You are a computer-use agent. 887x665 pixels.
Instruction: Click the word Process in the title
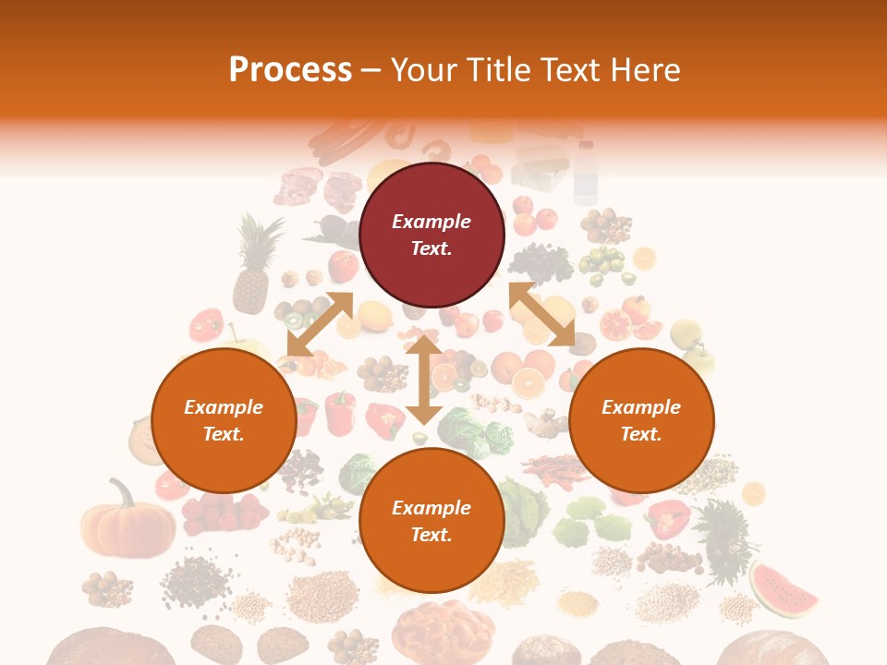pos(290,70)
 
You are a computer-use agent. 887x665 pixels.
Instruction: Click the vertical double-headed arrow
pos(423,380)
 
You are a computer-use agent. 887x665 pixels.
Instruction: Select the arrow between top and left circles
pos(320,324)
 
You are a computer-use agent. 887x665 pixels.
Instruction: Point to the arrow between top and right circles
pos(541,314)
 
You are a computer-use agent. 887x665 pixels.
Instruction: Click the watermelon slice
pos(784,591)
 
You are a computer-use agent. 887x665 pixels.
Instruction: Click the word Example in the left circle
pos(224,407)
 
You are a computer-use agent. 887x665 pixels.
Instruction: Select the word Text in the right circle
pos(641,434)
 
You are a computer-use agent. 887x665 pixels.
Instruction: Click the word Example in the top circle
pos(431,222)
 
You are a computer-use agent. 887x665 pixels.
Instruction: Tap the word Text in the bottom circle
pos(431,535)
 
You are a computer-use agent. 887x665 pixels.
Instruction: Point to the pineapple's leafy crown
pos(258,236)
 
